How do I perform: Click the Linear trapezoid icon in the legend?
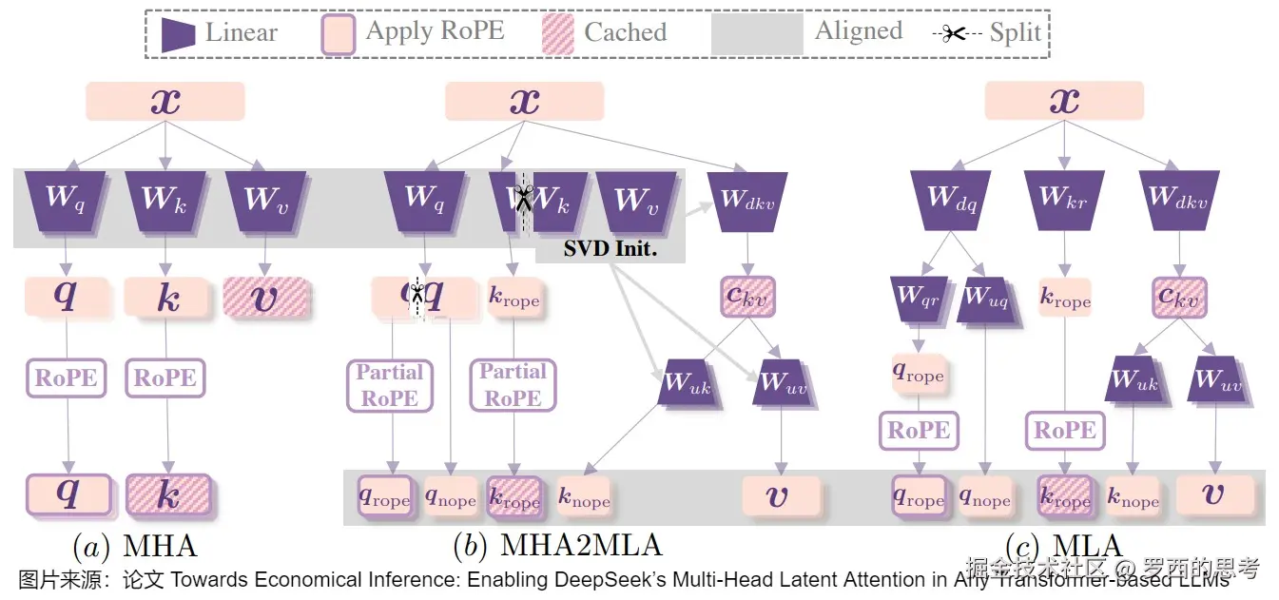click(x=178, y=33)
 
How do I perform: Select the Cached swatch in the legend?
click(x=556, y=33)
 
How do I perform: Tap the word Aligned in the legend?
click(x=858, y=30)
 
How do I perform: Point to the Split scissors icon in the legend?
click(x=954, y=33)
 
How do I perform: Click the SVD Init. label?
click(x=610, y=250)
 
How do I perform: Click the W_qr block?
click(x=918, y=296)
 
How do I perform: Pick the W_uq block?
click(x=986, y=296)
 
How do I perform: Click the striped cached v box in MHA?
click(x=266, y=297)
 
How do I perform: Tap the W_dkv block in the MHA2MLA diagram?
click(x=746, y=201)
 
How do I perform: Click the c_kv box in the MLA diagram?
click(x=1179, y=296)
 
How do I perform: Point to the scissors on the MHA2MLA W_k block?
click(x=522, y=199)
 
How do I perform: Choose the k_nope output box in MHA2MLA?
click(x=584, y=497)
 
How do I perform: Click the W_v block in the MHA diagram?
click(x=265, y=199)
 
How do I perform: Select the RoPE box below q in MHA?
click(x=66, y=377)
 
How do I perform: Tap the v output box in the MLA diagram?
click(x=1214, y=495)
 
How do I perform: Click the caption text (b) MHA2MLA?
click(x=557, y=546)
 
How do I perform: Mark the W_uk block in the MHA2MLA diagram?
click(x=687, y=382)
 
